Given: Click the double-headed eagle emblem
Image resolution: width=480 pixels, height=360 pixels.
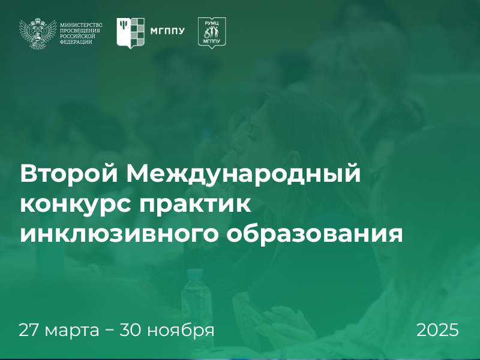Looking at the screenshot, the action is pyautogui.click(x=38, y=34).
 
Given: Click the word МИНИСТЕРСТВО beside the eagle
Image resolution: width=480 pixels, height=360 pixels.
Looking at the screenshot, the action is pyautogui.click(x=81, y=25).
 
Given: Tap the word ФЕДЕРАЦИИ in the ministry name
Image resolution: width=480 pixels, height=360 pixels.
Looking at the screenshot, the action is pyautogui.click(x=76, y=42).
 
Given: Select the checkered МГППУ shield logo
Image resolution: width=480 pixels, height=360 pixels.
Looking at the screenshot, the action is pyautogui.click(x=130, y=33).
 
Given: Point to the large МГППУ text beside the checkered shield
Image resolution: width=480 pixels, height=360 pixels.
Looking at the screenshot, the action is pyautogui.click(x=167, y=31).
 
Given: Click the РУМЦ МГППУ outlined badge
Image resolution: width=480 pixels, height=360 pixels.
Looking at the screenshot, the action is pyautogui.click(x=212, y=33).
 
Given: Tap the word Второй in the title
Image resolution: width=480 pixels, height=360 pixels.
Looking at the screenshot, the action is pyautogui.click(x=69, y=173).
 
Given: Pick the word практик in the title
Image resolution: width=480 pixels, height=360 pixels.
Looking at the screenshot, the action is pyautogui.click(x=196, y=205).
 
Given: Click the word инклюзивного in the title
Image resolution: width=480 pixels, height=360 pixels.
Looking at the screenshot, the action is pyautogui.click(x=119, y=233).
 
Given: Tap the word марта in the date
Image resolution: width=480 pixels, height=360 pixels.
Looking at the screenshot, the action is pyautogui.click(x=72, y=331).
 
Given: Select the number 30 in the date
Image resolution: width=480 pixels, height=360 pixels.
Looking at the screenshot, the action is pyautogui.click(x=131, y=330).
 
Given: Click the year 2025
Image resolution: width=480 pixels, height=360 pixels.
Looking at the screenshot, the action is pyautogui.click(x=437, y=330).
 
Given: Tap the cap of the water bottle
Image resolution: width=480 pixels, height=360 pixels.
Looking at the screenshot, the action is pyautogui.click(x=196, y=274).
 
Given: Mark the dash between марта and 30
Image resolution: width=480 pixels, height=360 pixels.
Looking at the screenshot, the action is pyautogui.click(x=110, y=331).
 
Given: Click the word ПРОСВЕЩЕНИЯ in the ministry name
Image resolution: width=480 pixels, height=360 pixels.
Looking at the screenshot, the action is pyautogui.click(x=80, y=31).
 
